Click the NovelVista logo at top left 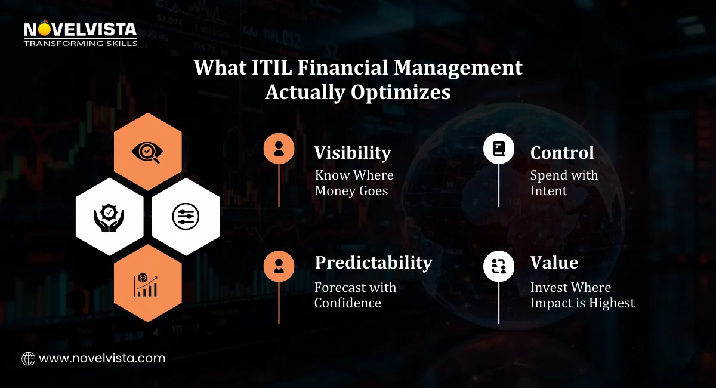[x=80, y=34]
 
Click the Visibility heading [x=353, y=153]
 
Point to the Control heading [x=562, y=153]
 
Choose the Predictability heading [x=374, y=263]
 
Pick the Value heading [x=554, y=263]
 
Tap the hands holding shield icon [x=110, y=217]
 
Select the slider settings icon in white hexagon [x=186, y=217]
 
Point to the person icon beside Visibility [x=279, y=148]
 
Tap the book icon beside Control [x=498, y=148]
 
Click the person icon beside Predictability [x=279, y=266]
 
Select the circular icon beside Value [x=498, y=266]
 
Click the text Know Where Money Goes [x=354, y=183]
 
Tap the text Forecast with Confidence [x=355, y=295]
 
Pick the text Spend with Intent [x=564, y=183]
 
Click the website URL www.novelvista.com [x=102, y=359]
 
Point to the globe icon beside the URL [x=28, y=359]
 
